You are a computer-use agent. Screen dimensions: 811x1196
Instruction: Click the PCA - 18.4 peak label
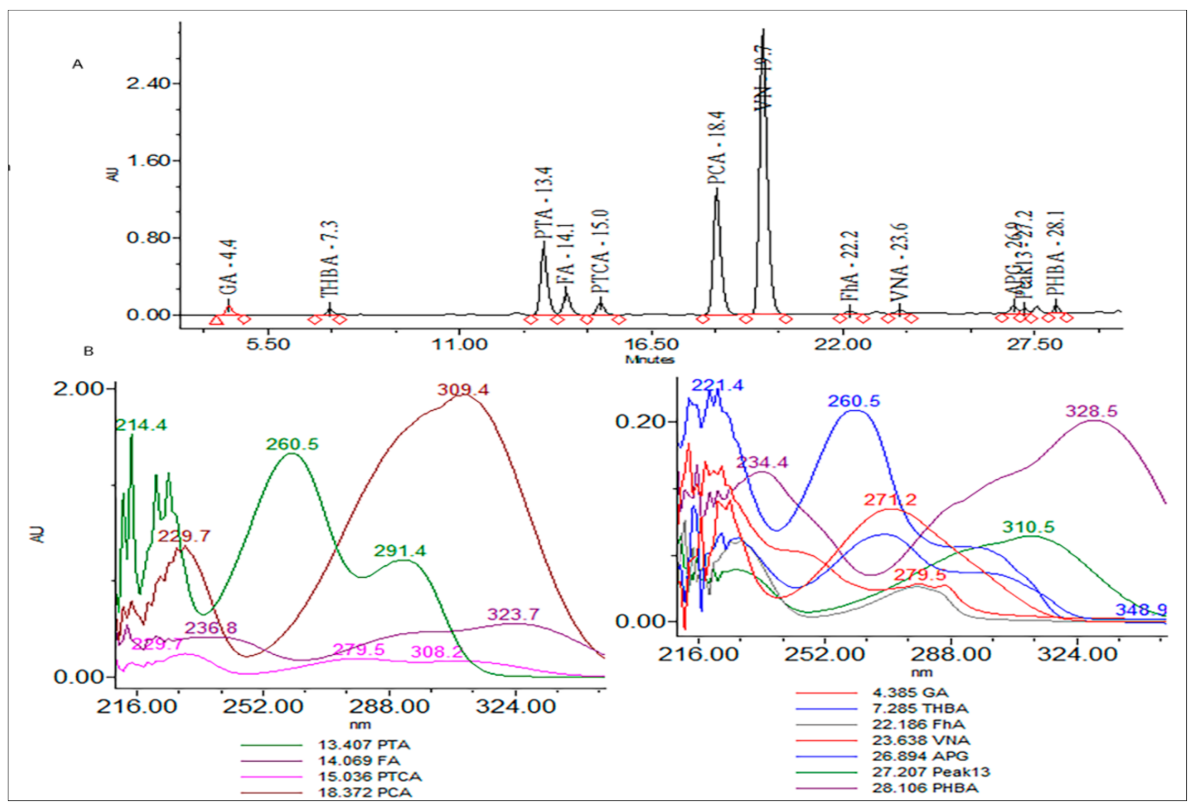(x=715, y=158)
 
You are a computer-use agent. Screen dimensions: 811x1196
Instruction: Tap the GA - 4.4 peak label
(x=228, y=275)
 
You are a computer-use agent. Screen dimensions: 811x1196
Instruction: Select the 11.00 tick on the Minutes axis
(x=459, y=346)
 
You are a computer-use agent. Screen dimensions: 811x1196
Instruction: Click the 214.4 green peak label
(x=139, y=425)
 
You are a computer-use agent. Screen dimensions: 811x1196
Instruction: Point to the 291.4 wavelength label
(x=397, y=550)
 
